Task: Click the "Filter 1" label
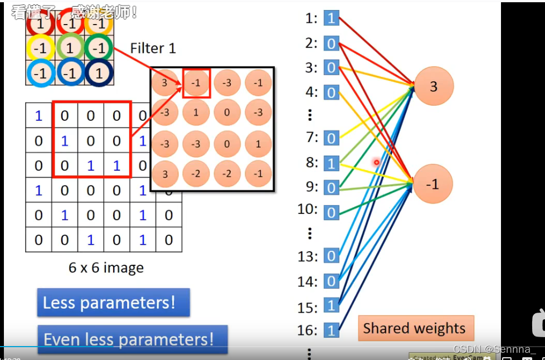[x=153, y=48]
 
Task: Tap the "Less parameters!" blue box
[x=113, y=303]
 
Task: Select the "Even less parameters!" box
[x=132, y=339]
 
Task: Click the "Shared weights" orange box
[x=414, y=328]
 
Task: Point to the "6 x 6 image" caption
[x=106, y=267]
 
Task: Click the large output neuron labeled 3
[x=434, y=86]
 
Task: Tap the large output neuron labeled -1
[x=432, y=184]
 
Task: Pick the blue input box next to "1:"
[x=332, y=18]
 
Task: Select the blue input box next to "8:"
[x=332, y=163]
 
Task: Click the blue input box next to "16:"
[x=332, y=330]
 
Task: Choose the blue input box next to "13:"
[x=332, y=256]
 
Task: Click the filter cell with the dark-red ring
[x=40, y=24]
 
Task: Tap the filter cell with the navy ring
[x=99, y=73]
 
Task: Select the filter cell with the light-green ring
[x=69, y=48]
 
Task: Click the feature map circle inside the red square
[x=196, y=83]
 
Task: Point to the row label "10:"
[x=308, y=210]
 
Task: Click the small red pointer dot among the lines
[x=377, y=162]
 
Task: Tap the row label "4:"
[x=311, y=92]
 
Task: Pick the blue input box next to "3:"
[x=332, y=68]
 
